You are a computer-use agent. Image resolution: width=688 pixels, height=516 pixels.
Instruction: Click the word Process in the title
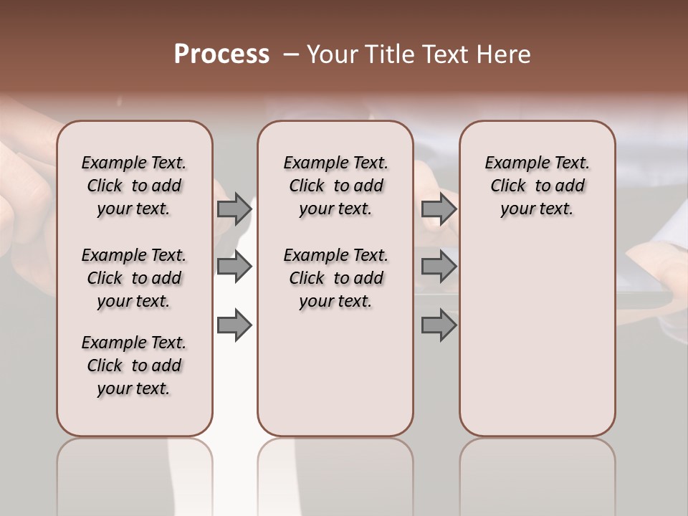coord(221,54)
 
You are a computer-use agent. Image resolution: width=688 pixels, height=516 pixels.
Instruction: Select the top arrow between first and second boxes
coord(234,209)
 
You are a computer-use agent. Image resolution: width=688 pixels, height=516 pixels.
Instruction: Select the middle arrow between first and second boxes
coord(234,267)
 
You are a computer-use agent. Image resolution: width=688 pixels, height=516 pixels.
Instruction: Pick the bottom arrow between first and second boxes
coord(234,325)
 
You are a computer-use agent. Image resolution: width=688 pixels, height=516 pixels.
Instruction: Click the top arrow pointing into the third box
coord(439,209)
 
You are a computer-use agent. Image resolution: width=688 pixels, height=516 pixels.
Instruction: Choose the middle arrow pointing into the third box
coord(439,267)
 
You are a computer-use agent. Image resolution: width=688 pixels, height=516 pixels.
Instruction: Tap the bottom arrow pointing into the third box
coord(439,325)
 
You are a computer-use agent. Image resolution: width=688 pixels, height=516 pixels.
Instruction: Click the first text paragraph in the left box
coord(134,186)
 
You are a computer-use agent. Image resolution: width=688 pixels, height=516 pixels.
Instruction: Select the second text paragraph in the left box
coord(134,278)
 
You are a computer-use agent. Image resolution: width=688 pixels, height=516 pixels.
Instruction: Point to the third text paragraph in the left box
coord(134,365)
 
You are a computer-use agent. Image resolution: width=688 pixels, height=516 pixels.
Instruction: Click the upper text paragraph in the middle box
coord(335,186)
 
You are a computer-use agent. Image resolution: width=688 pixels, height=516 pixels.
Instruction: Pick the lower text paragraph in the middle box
coord(335,278)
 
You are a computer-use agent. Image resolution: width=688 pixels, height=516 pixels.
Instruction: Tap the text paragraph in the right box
coord(537,186)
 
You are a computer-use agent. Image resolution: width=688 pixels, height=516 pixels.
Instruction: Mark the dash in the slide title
coord(291,54)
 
